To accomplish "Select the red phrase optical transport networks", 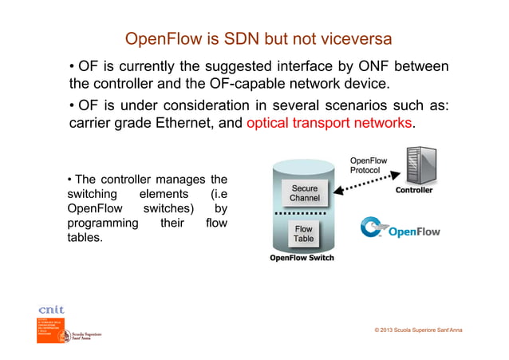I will (x=330, y=123).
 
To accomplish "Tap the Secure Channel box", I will (x=305, y=192).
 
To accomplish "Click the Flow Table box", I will (x=304, y=234).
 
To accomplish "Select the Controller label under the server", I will (x=414, y=191).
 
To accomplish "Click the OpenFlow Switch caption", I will (x=302, y=258).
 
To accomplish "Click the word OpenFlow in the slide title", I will (x=161, y=39).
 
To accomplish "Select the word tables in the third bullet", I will (x=85, y=238).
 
